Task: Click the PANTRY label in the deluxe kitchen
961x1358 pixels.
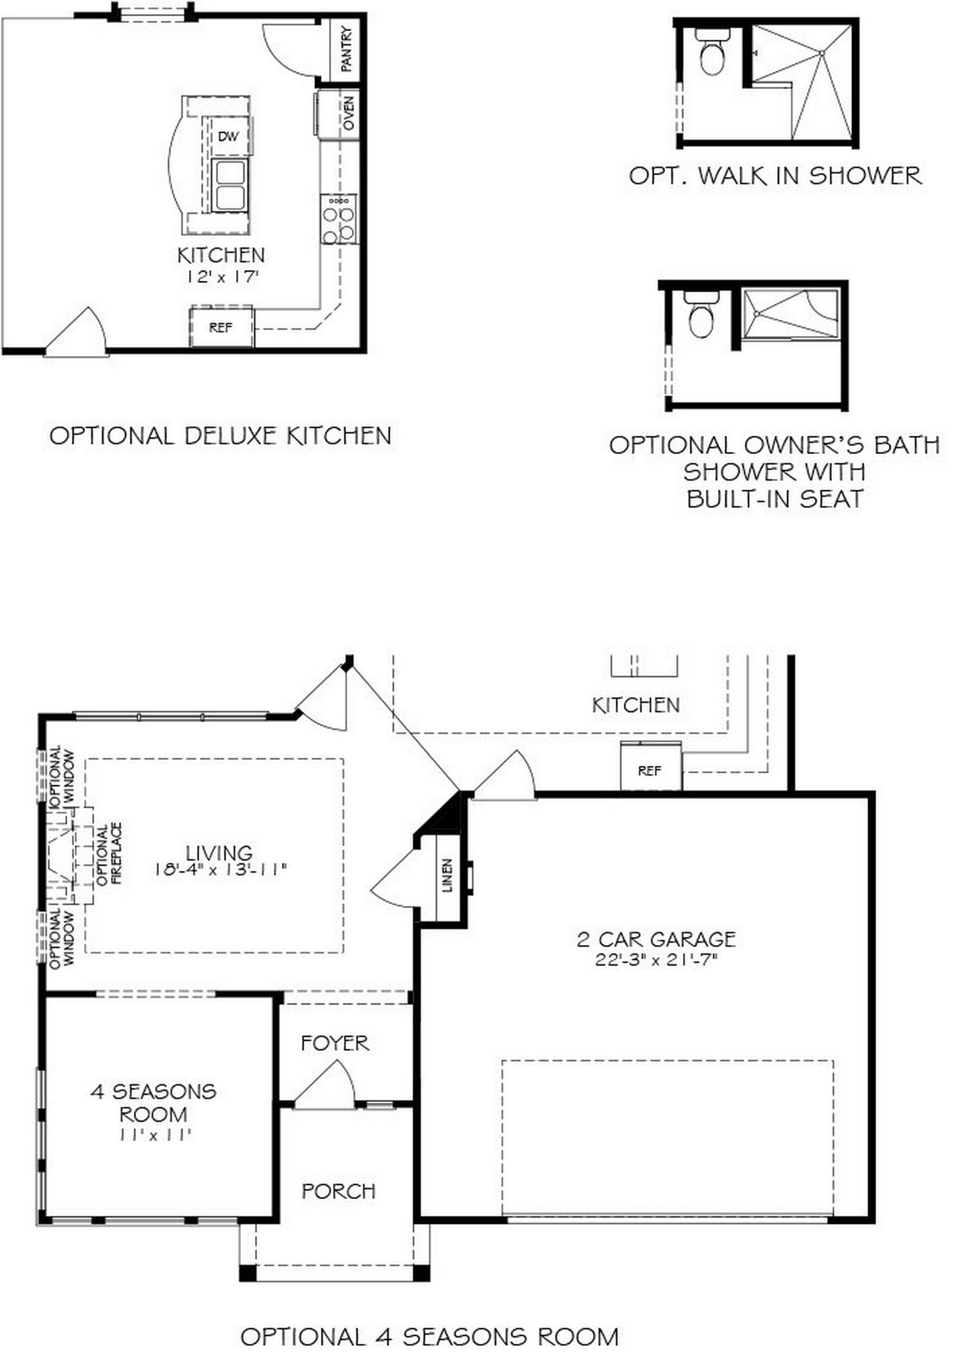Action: [347, 49]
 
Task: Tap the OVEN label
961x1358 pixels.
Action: [349, 113]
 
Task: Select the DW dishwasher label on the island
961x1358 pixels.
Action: [228, 136]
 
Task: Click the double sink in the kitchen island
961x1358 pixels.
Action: [229, 185]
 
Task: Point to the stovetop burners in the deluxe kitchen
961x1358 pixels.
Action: [339, 219]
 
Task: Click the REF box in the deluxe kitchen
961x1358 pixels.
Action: [222, 328]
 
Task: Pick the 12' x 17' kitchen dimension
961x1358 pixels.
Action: [222, 277]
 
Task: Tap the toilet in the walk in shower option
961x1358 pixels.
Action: [712, 51]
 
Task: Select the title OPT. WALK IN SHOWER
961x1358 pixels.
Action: [775, 176]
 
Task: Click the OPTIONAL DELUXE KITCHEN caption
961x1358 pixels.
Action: [220, 436]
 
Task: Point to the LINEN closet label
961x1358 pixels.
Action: [447, 875]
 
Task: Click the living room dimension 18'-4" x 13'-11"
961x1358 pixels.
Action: [220, 870]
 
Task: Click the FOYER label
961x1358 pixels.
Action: [335, 1043]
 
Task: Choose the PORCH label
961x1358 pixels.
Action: [338, 1191]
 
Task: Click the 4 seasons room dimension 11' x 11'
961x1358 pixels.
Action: [154, 1135]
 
